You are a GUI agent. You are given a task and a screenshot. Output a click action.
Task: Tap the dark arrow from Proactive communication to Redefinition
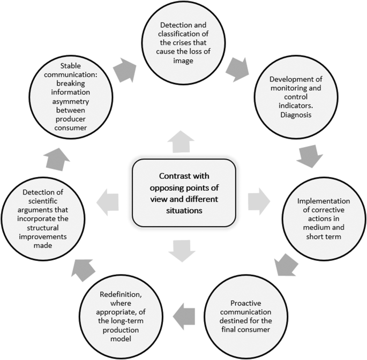tap(185, 311)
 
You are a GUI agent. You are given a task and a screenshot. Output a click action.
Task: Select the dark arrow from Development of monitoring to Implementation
tap(310, 156)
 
